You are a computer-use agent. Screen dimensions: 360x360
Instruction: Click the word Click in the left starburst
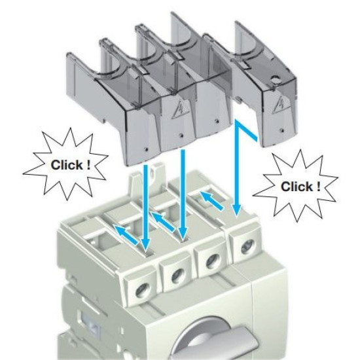(x=67, y=165)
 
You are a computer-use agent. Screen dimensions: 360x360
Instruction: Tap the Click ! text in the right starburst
(x=300, y=186)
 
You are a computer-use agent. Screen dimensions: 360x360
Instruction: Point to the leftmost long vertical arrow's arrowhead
(x=145, y=245)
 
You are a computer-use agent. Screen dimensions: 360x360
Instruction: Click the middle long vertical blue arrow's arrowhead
(x=183, y=234)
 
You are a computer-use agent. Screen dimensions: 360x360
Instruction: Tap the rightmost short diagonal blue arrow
(x=211, y=200)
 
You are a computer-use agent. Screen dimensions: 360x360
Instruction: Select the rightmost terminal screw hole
(x=247, y=247)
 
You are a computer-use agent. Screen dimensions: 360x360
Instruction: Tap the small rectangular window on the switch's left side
(x=90, y=322)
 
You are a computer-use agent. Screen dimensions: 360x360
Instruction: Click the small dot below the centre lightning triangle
(x=181, y=135)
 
